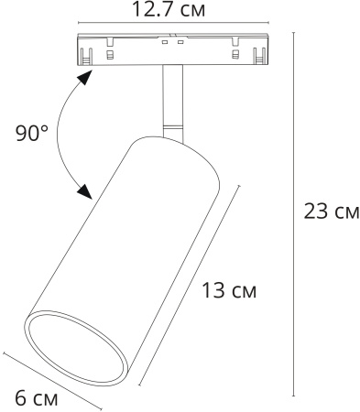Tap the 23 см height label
tap(331, 212)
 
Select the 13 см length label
tap(229, 291)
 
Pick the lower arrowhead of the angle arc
tap(84, 191)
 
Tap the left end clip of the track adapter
tap(85, 53)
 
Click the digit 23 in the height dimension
tap(314, 212)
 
